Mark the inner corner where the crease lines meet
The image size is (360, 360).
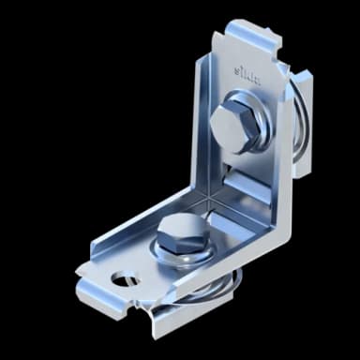coord(208,198)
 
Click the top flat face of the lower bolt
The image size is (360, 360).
coord(177,224)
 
